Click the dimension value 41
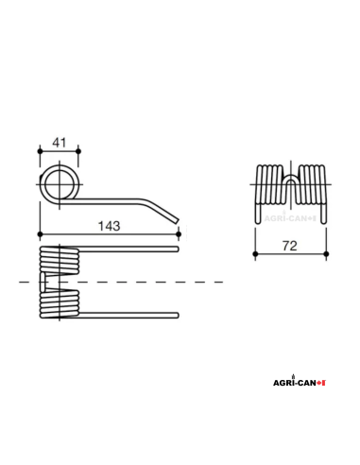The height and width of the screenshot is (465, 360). click(58, 142)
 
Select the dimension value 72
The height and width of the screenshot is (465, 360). click(290, 246)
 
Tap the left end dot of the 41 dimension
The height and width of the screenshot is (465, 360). click(39, 150)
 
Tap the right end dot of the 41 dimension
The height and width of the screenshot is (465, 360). click(78, 150)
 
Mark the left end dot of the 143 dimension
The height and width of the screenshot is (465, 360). click(39, 233)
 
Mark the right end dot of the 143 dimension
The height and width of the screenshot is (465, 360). click(178, 233)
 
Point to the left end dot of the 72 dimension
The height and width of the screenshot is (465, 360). click(255, 253)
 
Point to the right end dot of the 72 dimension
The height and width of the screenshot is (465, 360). click(326, 253)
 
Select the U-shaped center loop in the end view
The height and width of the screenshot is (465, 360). click(291, 179)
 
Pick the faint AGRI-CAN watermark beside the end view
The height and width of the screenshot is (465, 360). click(288, 216)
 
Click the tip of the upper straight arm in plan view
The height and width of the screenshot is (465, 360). click(176, 250)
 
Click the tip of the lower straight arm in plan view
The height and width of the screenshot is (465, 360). click(176, 315)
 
